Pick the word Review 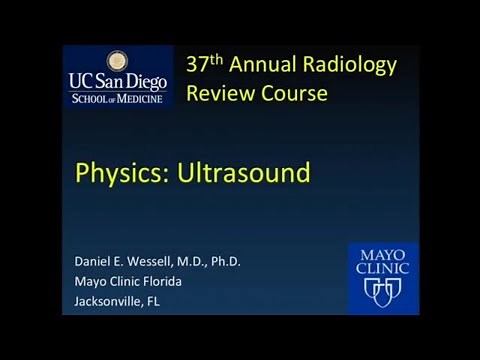coord(217,94)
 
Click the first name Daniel coord(96,262)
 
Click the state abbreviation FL coord(172,300)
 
